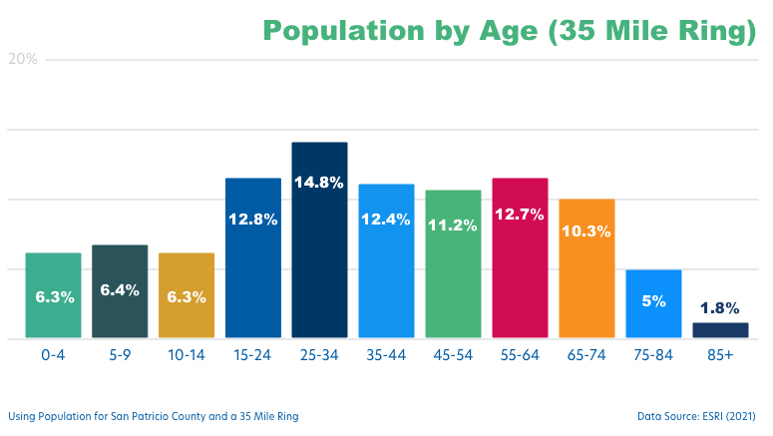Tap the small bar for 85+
coord(720,330)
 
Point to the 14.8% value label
coord(319,183)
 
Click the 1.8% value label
coord(720,308)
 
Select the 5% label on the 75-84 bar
coord(653,299)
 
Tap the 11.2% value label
coord(453,225)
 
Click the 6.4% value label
coord(120,290)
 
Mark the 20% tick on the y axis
coord(23,59)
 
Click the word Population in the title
coord(343,31)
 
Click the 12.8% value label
coord(252,219)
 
